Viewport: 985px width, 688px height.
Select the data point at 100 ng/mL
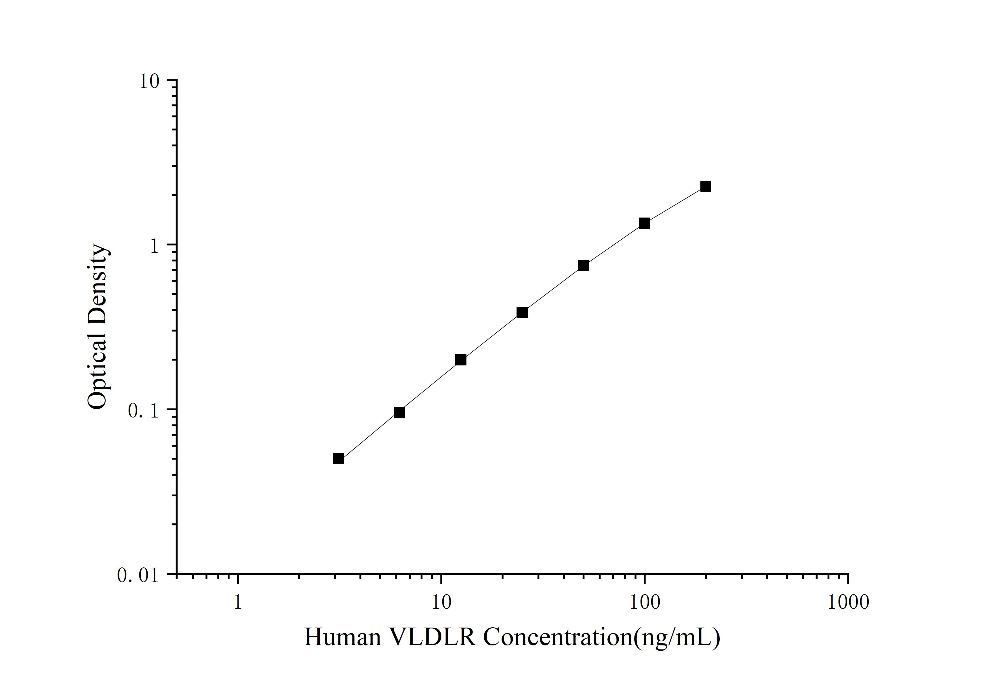point(644,223)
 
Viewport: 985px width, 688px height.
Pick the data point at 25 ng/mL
point(522,312)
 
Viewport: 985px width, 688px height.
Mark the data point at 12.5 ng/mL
point(461,360)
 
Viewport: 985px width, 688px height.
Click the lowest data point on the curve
point(338,459)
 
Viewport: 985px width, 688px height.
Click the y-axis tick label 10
point(149,81)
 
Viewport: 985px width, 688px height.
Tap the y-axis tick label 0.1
point(143,411)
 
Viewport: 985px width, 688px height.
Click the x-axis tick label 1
point(238,602)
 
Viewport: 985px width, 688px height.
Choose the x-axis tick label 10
point(441,602)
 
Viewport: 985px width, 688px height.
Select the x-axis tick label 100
point(644,602)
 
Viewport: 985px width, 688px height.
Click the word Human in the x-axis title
point(342,637)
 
